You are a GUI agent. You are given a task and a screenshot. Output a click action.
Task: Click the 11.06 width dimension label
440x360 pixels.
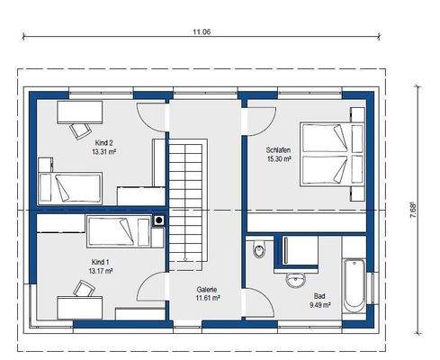click(202, 31)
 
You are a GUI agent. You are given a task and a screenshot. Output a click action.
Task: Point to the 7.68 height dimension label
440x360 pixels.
click(413, 211)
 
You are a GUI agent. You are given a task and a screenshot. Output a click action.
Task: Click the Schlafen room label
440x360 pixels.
click(278, 149)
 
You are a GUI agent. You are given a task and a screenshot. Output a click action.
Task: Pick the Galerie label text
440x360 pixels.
click(207, 290)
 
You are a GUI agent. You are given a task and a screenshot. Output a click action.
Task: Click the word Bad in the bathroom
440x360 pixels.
click(319, 296)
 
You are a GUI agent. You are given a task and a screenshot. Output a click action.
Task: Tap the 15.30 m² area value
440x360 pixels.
click(279, 159)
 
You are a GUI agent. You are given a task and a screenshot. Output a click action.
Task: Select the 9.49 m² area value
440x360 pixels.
click(320, 305)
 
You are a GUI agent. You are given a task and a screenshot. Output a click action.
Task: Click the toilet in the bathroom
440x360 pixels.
click(258, 248)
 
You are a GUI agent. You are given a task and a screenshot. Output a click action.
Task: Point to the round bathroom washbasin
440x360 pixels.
click(296, 280)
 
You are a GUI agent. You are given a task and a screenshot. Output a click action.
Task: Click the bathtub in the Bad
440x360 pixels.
click(354, 286)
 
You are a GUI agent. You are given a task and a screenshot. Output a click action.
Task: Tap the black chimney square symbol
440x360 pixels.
click(158, 220)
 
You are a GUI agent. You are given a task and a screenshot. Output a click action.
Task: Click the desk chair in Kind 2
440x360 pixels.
click(80, 130)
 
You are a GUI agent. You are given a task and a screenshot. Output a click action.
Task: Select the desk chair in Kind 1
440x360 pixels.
click(85, 289)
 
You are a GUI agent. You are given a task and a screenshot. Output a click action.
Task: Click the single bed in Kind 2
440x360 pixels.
click(70, 188)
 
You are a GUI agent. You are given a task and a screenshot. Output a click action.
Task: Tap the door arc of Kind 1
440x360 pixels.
click(146, 282)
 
